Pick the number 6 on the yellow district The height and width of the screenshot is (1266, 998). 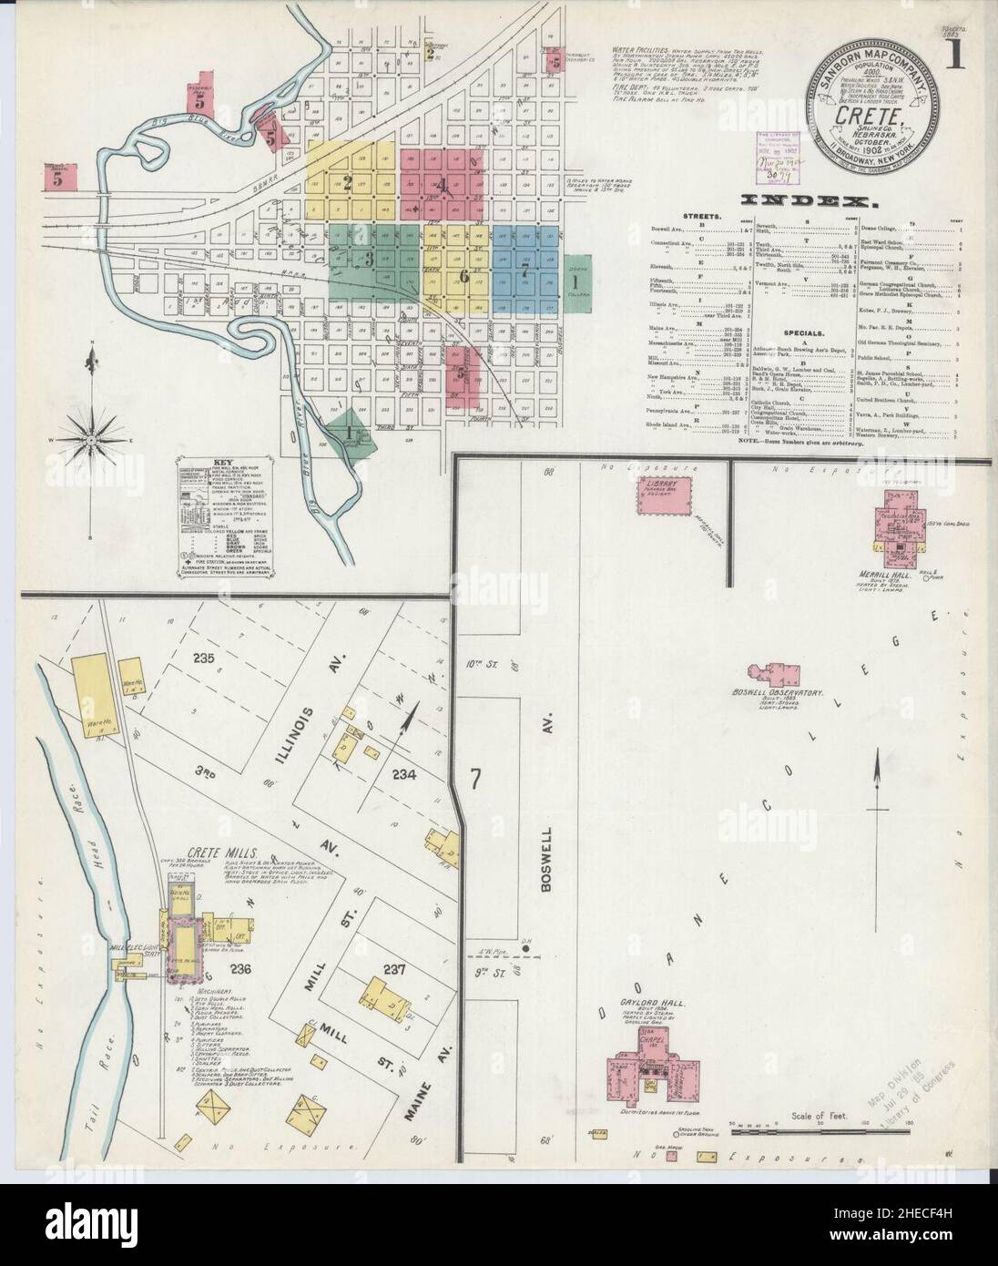click(463, 275)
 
